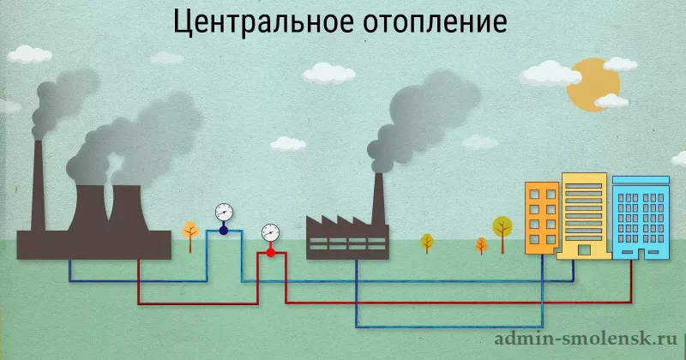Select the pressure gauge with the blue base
pos(224,212)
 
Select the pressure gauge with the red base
pos(270,233)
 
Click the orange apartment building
pos(542,218)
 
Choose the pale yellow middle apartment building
pos(584,214)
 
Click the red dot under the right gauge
pos(270,252)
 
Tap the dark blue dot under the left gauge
pos(224,230)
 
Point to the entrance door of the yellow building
pos(584,250)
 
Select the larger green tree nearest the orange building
pos(502,228)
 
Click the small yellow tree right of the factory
pos(427,242)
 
